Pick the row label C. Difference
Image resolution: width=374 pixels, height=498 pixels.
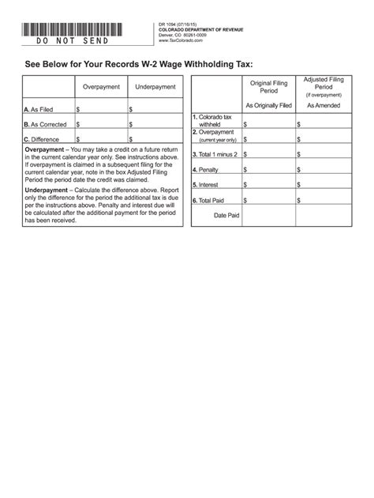coord(41,139)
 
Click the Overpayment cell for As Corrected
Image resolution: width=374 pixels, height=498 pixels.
coord(102,124)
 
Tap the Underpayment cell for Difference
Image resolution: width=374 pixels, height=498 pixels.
coord(155,139)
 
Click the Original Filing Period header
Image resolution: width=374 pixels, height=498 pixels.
coord(269,86)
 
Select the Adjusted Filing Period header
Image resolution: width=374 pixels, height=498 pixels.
coord(323,85)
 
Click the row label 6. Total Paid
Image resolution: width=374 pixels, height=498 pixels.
coord(209,200)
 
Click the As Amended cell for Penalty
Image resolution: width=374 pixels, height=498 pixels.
coord(323,169)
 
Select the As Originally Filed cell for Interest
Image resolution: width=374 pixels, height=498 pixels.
coord(269,185)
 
